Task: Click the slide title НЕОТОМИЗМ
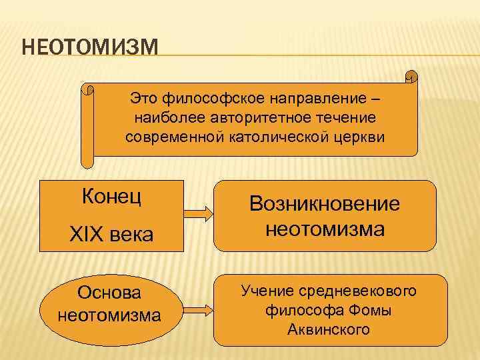(x=90, y=49)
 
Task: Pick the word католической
(x=286, y=136)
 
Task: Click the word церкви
(x=361, y=136)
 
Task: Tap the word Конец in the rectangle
(x=111, y=197)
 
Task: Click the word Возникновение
(x=324, y=204)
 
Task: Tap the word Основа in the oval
(x=109, y=293)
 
